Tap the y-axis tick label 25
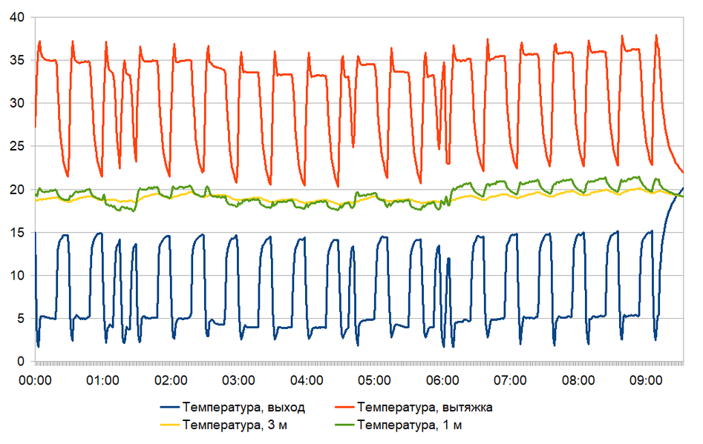coord(18,147)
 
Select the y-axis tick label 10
coord(18,276)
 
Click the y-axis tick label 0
coord(22,362)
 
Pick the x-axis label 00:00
coord(35,380)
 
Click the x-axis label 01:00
coord(102,380)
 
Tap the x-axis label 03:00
coord(238,380)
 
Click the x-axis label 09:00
coord(646,380)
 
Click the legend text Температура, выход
coord(243,407)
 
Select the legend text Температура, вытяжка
coord(425,407)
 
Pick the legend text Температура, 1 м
coord(409,425)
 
